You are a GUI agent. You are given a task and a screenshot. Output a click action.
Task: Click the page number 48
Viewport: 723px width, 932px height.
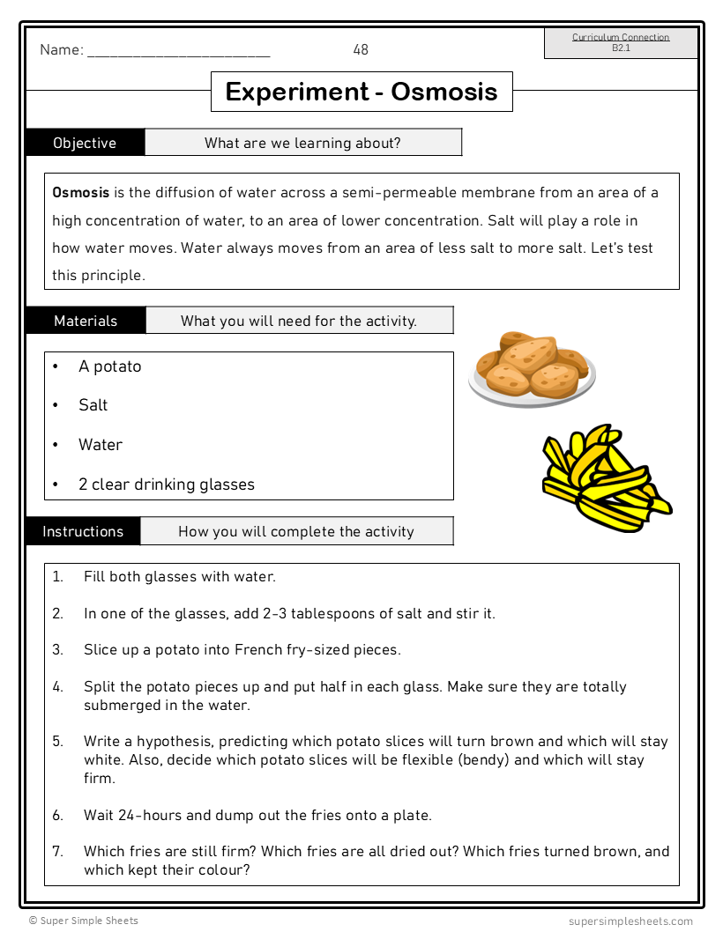(361, 50)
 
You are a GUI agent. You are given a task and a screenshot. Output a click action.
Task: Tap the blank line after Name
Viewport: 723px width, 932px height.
(178, 52)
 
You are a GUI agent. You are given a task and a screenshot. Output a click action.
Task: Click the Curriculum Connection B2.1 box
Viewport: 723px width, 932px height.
(621, 43)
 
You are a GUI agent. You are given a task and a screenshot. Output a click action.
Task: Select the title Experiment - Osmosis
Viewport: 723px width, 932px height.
(361, 92)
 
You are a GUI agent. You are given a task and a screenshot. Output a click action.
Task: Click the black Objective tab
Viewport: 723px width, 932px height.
(85, 143)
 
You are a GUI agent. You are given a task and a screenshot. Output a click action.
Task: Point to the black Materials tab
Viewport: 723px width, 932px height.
(86, 321)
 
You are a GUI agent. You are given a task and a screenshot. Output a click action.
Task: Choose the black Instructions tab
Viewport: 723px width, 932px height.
(83, 531)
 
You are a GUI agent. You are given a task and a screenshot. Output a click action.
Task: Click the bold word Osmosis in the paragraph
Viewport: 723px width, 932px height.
(81, 193)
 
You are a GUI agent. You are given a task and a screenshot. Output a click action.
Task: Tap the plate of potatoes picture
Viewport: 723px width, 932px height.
(532, 369)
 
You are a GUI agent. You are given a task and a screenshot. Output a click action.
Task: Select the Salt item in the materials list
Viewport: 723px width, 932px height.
(93, 405)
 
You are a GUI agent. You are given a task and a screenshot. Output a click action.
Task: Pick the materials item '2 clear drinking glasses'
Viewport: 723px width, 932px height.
(166, 484)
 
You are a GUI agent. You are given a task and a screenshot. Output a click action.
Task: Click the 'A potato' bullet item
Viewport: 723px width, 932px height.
(109, 366)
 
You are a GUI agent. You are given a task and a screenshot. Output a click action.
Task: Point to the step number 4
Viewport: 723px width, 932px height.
(57, 687)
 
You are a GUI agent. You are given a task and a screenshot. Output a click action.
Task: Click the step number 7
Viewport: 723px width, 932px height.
(57, 852)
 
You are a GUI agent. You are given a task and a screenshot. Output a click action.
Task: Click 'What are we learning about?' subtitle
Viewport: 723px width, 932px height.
(302, 143)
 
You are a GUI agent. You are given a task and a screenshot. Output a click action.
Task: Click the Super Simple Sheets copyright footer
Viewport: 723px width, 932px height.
(83, 921)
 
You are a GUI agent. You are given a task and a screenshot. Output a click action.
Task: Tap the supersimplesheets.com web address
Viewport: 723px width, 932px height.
(630, 921)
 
